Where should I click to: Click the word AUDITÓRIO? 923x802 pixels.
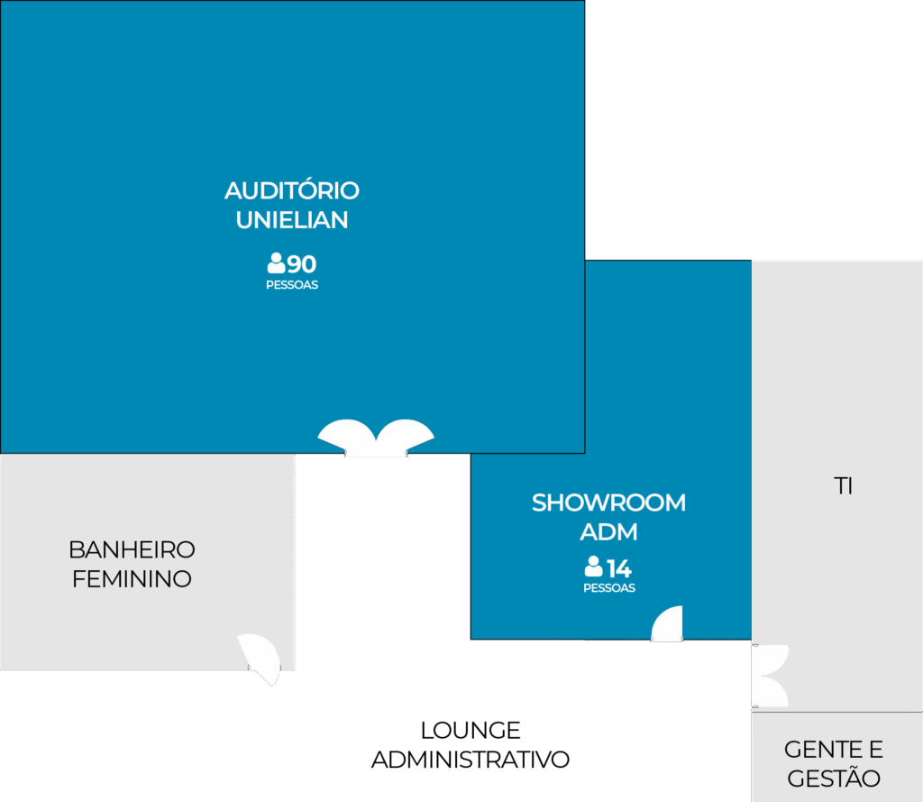coord(291,191)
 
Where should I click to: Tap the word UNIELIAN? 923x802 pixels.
coord(291,220)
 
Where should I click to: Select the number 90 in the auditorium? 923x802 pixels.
coord(302,264)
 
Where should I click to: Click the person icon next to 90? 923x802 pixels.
coord(276,263)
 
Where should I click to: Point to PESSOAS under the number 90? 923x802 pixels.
coord(291,285)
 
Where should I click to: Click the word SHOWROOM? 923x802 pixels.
coord(608,502)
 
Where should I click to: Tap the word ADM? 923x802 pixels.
coord(608,532)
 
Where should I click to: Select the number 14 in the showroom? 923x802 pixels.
coord(619,569)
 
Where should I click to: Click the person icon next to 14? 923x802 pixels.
coord(593,567)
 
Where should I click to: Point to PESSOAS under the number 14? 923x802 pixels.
coord(608,588)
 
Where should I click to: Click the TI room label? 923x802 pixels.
coord(843,487)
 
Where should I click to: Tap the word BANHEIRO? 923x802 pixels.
coord(132,549)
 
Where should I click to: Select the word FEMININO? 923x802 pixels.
coord(132,579)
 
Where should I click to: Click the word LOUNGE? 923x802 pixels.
coord(471,730)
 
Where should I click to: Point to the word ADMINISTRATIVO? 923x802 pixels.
coord(471,760)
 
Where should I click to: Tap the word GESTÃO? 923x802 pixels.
coord(833,779)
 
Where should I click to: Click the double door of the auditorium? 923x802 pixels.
coord(376,438)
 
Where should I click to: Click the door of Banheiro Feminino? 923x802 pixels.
coord(260,657)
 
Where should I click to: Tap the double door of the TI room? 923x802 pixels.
coord(771,677)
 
